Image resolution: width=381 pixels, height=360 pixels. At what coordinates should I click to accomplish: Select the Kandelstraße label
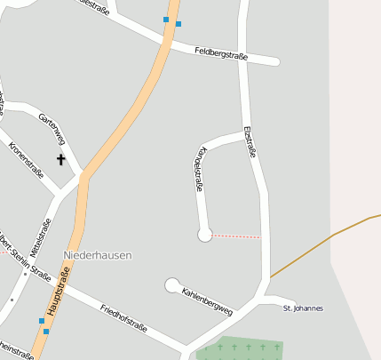tap(199, 168)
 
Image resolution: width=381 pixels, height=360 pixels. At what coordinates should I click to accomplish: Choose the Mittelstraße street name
tap(40, 238)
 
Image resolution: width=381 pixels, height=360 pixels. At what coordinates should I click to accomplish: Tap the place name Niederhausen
tap(98, 255)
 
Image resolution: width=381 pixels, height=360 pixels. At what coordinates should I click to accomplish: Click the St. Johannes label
tap(303, 308)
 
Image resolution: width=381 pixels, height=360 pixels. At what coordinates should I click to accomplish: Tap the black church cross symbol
tap(61, 160)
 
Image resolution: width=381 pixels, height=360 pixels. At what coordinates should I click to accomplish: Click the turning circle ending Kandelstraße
tap(205, 235)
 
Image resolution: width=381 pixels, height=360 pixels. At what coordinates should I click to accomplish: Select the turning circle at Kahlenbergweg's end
tap(172, 285)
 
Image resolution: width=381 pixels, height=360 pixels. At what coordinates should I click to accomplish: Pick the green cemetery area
tap(240, 349)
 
